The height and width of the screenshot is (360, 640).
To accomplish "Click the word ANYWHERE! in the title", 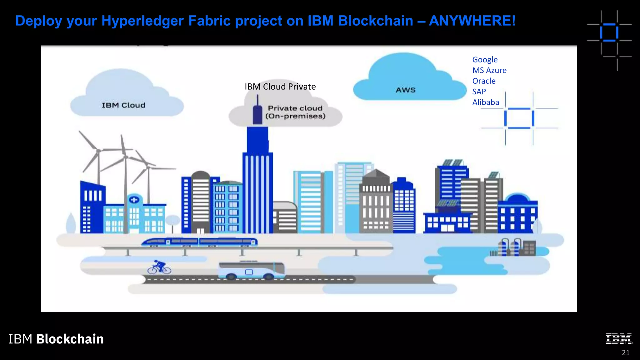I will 472,21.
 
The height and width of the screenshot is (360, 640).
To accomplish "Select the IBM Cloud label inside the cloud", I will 123,105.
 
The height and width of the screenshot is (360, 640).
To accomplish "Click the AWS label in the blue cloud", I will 406,90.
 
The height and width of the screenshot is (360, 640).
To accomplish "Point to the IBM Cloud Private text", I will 280,87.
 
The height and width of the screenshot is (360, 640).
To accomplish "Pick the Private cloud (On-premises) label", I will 295,112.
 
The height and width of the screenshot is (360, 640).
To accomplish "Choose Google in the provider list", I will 485,60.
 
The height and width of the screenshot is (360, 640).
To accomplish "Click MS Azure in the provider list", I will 489,70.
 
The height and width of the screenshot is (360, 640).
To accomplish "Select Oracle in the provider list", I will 484,81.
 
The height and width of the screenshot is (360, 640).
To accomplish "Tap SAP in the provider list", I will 479,92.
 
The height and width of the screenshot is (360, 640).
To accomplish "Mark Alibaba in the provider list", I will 485,102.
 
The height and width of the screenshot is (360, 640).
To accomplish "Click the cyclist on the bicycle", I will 159,267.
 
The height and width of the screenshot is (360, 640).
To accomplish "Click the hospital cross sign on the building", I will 134,200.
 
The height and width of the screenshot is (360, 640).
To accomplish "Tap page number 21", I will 625,352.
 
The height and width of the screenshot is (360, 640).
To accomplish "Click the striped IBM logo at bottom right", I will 619,339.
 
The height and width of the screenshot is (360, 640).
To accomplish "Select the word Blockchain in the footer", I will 70,339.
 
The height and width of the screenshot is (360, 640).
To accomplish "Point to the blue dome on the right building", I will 517,198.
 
